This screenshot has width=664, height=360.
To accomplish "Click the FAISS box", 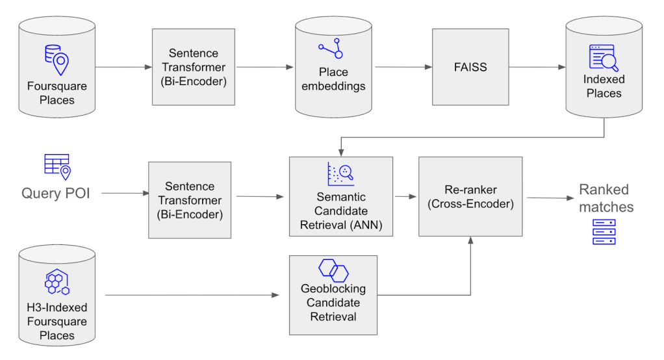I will pyautogui.click(x=470, y=67).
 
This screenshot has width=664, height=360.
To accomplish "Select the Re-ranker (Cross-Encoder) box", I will pyautogui.click(x=471, y=196).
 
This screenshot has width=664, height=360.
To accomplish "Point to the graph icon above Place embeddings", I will pyautogui.click(x=330, y=49).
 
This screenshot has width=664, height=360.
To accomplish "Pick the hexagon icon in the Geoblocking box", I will pyautogui.click(x=333, y=270).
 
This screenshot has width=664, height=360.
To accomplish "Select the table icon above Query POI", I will pyautogui.click(x=57, y=166).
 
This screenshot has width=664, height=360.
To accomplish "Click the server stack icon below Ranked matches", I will pyautogui.click(x=604, y=232).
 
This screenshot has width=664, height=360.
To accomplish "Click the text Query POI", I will pyautogui.click(x=55, y=193).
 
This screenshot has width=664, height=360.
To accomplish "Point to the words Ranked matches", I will pyautogui.click(x=605, y=198).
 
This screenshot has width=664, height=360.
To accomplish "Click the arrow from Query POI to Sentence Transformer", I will pyautogui.click(x=125, y=193).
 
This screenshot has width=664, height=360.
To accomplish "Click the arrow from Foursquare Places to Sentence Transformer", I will pyautogui.click(x=123, y=67).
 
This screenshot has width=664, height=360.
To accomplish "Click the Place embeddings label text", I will pyautogui.click(x=333, y=79).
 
